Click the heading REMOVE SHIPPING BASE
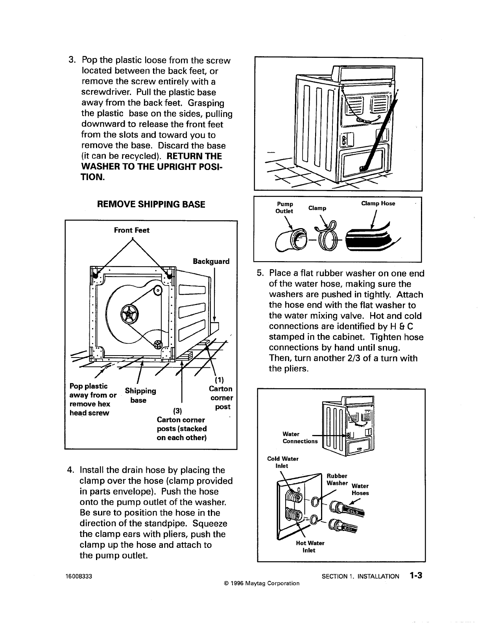[x=151, y=204]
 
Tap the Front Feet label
[x=131, y=230]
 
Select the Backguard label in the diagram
[x=211, y=262]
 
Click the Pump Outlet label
[x=285, y=207]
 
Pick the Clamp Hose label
[x=378, y=203]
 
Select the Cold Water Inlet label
[x=282, y=462]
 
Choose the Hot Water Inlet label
[x=310, y=546]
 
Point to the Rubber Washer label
[x=337, y=479]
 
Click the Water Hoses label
[x=360, y=489]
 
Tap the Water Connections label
[x=300, y=437]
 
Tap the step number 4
[x=71, y=470]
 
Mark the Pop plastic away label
[x=93, y=399]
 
